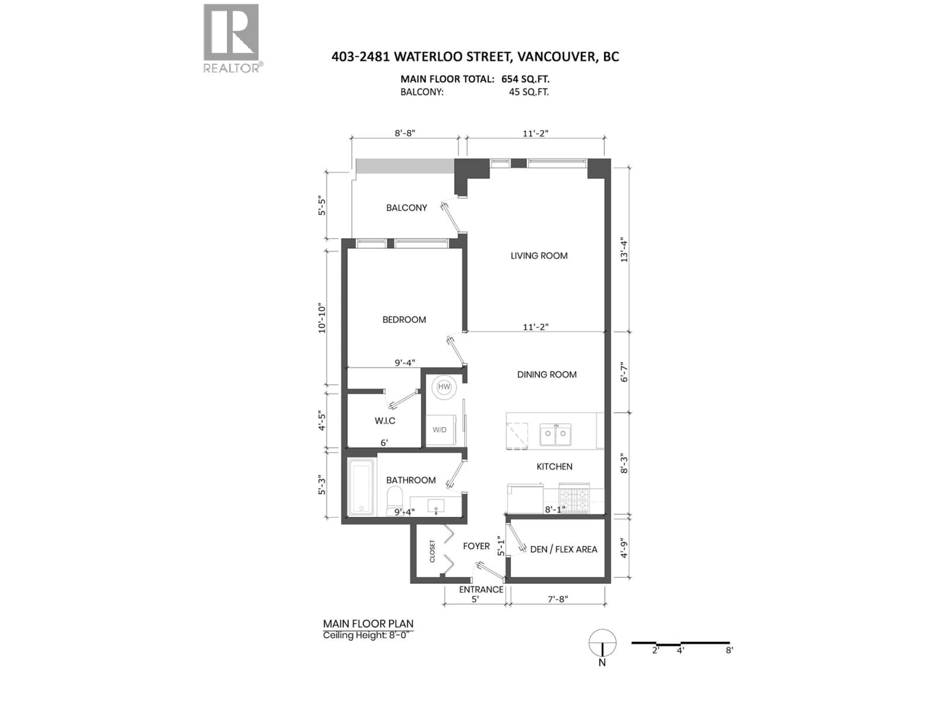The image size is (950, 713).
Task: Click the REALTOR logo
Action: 232,38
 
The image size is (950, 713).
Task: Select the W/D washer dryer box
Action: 440,430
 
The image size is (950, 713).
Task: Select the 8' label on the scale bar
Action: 729,650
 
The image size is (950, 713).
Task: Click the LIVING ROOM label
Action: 539,256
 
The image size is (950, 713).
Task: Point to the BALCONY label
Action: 406,208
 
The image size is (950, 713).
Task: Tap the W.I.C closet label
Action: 385,421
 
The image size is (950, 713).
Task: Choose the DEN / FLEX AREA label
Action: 564,549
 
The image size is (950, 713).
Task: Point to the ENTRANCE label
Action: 481,589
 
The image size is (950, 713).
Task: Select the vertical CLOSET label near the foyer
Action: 432,551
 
